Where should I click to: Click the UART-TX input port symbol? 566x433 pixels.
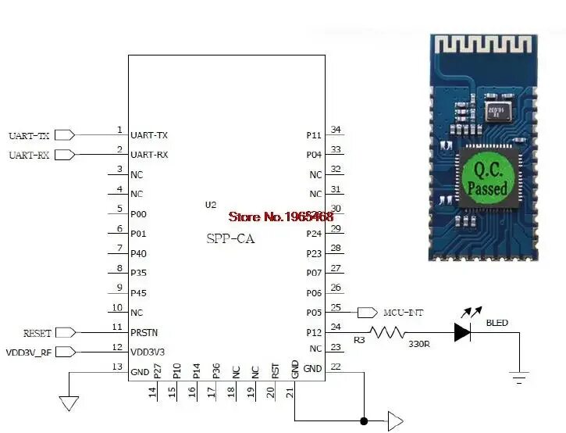click(66, 135)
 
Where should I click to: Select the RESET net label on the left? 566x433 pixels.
click(37, 333)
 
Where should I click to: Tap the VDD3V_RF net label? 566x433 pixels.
click(30, 352)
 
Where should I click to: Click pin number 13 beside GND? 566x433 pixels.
click(118, 367)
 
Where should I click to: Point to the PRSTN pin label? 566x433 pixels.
click(145, 333)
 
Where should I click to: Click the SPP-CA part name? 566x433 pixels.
click(230, 239)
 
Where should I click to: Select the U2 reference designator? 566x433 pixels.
click(211, 205)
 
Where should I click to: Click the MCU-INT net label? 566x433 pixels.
click(403, 313)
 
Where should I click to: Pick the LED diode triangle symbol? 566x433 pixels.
click(462, 332)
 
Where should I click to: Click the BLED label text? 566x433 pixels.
click(497, 322)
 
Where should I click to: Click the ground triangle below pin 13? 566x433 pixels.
click(69, 403)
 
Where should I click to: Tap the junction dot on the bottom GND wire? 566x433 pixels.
click(364, 421)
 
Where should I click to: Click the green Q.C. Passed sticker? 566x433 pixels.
click(487, 178)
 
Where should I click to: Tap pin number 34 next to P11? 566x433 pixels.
click(336, 130)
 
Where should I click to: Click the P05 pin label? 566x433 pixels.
click(314, 313)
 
